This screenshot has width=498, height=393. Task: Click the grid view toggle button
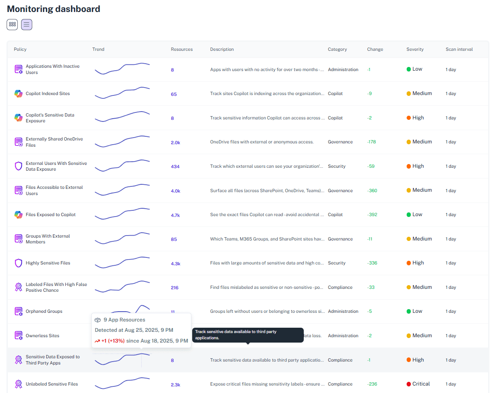(12, 24)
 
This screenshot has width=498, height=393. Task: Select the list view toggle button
(26, 24)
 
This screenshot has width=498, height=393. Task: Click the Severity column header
(415, 49)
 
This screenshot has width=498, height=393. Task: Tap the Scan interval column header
(459, 49)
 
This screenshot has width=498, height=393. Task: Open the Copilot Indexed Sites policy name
(48, 93)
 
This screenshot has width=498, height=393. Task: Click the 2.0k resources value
(175, 143)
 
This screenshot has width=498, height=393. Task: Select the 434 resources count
(175, 167)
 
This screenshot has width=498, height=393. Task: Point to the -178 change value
(372, 142)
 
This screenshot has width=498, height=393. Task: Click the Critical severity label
(421, 384)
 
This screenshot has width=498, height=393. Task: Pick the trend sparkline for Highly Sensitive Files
(122, 263)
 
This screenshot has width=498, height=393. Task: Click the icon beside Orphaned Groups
(19, 311)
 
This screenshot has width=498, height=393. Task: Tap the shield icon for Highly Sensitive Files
(18, 263)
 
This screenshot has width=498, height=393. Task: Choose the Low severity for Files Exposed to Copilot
(417, 214)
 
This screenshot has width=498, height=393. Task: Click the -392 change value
(372, 214)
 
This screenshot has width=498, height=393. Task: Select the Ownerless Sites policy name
(43, 336)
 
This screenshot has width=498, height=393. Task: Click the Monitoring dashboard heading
(54, 9)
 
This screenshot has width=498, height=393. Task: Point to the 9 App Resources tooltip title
(124, 320)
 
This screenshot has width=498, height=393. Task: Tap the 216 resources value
(174, 288)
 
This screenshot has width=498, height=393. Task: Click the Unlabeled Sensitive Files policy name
(52, 384)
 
